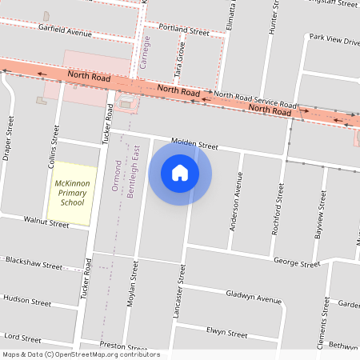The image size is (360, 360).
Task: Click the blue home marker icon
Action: click(x=180, y=173)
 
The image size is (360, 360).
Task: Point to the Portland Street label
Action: click(x=183, y=30)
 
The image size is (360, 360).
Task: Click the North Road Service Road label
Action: click(x=255, y=100)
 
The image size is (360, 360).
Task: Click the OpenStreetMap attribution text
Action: click(x=81, y=354)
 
